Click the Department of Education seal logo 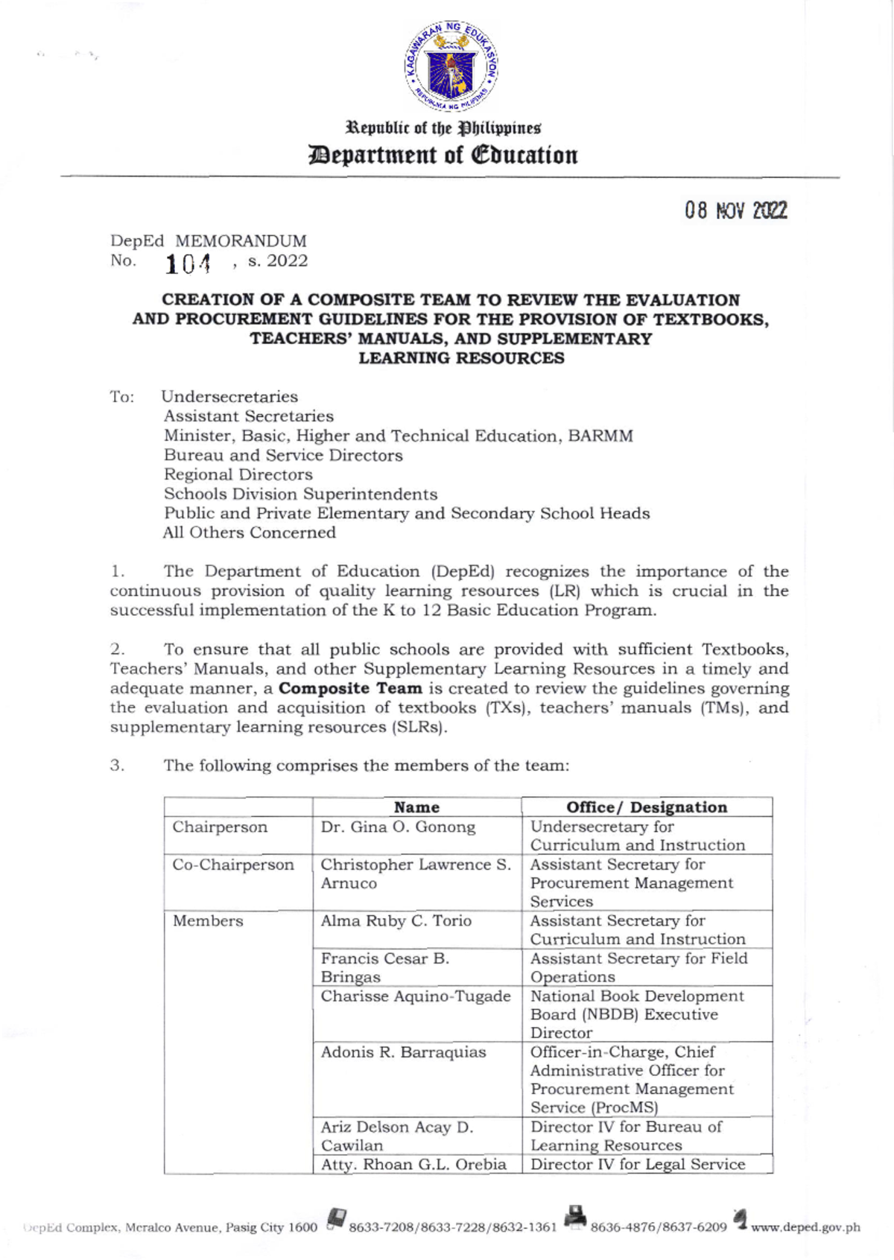451,67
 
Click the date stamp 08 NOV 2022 735,211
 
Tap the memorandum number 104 188,263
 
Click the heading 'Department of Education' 444,155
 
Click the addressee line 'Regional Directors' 238,474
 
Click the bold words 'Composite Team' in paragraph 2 350,688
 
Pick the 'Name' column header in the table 416,807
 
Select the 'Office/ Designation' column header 646,807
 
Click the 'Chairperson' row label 220,827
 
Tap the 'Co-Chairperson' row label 233,865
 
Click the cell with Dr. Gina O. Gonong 398,827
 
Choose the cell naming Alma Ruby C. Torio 396,921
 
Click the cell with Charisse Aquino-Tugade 416,996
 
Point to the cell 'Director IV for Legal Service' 638,1165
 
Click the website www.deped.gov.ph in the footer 805,1227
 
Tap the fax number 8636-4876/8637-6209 658,1227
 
